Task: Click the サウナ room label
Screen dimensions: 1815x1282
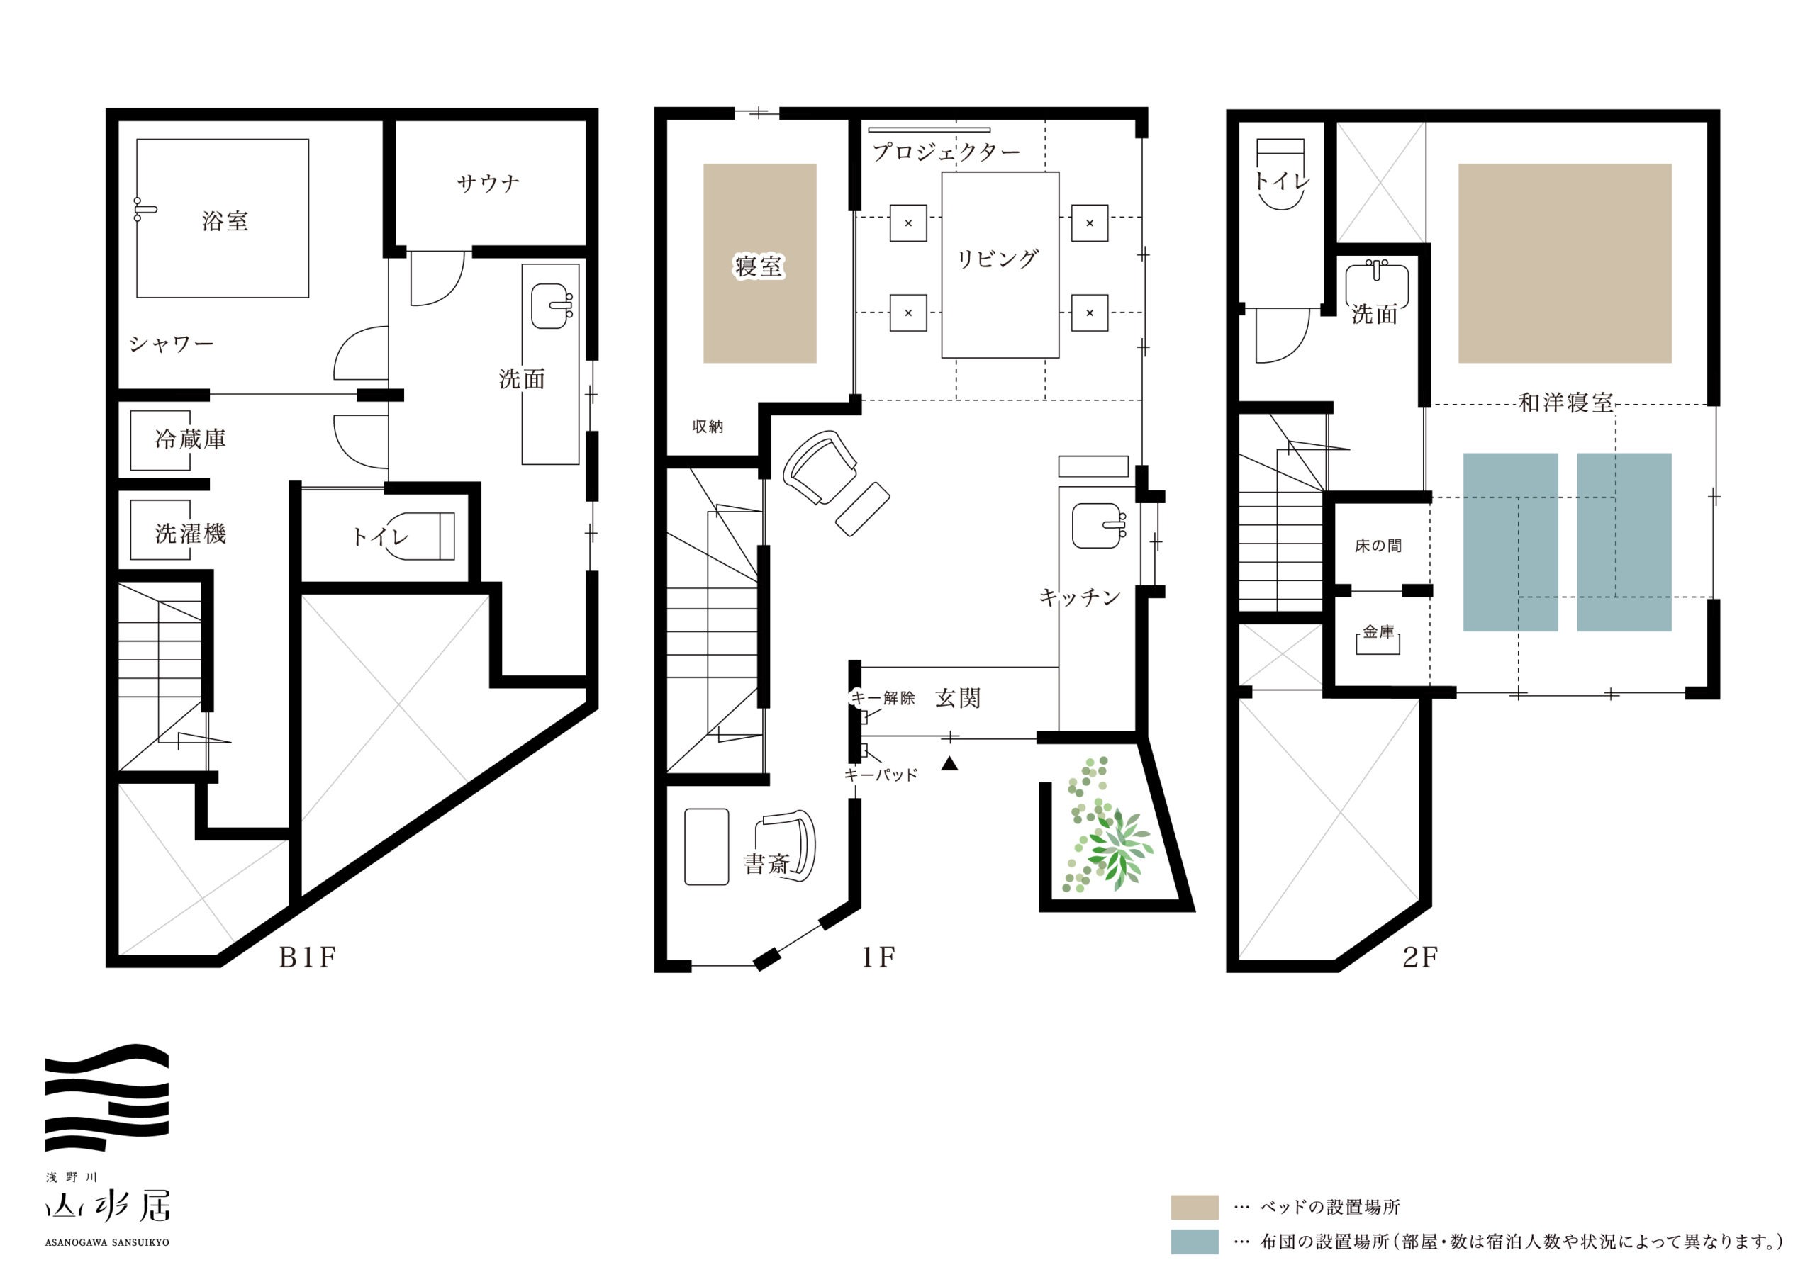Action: (x=488, y=184)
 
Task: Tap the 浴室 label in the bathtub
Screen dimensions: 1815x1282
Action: (x=225, y=220)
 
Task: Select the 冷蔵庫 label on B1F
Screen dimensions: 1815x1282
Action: (x=191, y=439)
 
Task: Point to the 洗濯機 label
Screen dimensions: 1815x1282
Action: (x=191, y=534)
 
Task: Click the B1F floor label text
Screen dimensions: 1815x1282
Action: (x=308, y=957)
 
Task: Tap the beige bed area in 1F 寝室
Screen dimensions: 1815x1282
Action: (x=759, y=263)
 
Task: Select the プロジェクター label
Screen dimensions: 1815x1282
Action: (x=946, y=152)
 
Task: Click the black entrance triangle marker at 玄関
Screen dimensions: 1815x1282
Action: (x=949, y=763)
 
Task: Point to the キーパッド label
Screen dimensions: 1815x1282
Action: (x=881, y=775)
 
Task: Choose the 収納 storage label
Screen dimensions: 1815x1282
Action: (x=708, y=427)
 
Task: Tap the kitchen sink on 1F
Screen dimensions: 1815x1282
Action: (x=1098, y=527)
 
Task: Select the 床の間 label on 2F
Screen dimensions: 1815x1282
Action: (x=1378, y=546)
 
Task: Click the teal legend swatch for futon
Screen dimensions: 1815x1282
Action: (x=1195, y=1242)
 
